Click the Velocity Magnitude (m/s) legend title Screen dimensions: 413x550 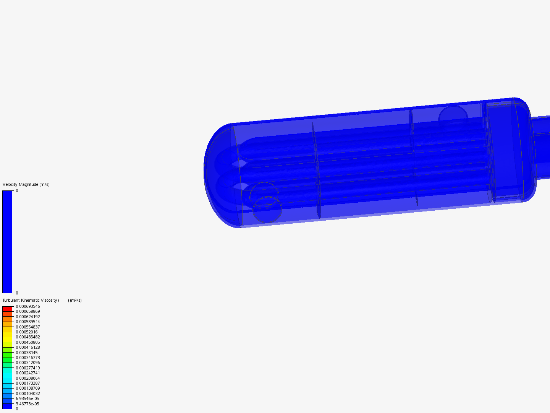26,184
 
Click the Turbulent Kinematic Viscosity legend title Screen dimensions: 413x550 42,300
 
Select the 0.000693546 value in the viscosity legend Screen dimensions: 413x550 27,306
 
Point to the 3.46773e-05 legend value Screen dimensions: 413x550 27,404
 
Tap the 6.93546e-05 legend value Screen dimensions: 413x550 27,398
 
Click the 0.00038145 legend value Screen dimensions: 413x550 26,353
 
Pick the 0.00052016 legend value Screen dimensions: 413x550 26,332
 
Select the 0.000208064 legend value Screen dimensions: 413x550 27,378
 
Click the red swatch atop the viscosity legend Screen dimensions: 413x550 7,309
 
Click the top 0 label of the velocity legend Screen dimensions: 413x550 17,190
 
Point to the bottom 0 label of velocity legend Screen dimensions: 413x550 17,293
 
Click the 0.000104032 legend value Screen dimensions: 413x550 27,393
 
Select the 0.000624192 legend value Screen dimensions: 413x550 27,317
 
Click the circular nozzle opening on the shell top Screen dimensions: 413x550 453,114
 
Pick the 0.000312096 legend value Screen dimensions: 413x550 27,363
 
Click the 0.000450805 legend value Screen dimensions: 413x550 27,342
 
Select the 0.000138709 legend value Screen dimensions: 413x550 27,388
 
